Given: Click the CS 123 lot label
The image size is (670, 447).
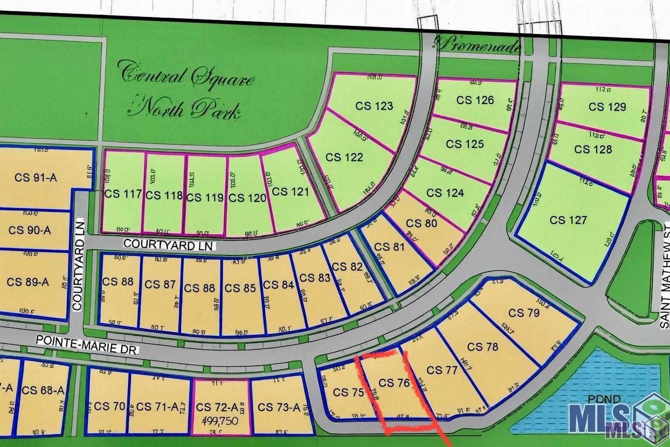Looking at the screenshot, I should tap(374, 106).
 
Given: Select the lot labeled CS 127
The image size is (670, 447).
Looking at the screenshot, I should tap(568, 220).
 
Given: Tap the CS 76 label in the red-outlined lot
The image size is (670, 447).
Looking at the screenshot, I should tap(394, 383).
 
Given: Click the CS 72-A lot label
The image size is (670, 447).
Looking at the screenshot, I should tap(217, 408).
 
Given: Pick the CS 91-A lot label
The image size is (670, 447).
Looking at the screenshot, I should tap(36, 178).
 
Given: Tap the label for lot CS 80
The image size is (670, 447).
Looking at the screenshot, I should tap(421, 223).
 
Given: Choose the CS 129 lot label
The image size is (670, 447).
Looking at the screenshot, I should tap(607, 107).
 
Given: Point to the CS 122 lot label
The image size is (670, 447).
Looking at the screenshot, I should tap(344, 157).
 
